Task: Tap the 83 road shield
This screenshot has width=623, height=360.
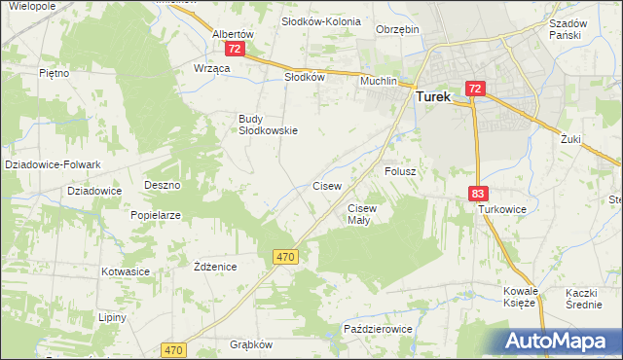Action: point(477,195)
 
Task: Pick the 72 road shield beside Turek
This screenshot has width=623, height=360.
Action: point(473,89)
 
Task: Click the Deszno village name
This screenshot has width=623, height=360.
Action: point(162,184)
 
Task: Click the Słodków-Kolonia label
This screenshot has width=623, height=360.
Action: point(320,20)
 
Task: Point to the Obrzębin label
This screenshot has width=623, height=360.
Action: point(397,29)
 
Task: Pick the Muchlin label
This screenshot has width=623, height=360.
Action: point(379,82)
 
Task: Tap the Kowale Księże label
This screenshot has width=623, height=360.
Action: point(521,297)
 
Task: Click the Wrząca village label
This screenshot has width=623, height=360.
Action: point(211,68)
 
